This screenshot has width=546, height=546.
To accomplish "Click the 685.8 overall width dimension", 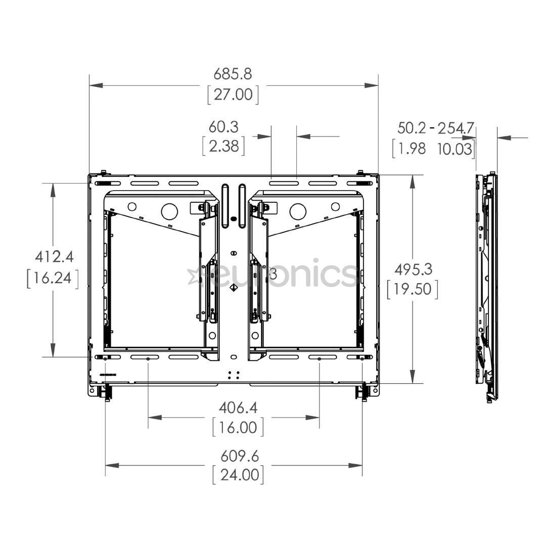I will coord(233,74).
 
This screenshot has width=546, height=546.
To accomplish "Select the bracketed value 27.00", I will coord(233,95).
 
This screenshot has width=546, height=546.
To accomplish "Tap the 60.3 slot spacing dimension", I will coord(223,126).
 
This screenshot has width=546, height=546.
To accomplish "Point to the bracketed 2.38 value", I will coord(223,146).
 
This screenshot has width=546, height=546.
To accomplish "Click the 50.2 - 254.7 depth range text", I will coord(435,128).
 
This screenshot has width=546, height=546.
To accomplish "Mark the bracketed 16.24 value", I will coord(53,278).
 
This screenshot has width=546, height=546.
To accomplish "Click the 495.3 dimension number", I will coord(413,268).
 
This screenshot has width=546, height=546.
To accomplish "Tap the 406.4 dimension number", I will coord(238,407).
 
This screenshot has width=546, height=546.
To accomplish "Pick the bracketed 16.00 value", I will coord(238,428).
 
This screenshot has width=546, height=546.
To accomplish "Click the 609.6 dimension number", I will coord(239,456).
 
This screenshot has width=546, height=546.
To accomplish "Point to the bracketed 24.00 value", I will coord(238,475).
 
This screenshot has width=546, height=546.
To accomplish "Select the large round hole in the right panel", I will coord(298,209).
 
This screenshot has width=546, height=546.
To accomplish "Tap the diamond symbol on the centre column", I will coord(233,288).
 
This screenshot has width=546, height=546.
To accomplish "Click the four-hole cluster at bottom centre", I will coord(233,375).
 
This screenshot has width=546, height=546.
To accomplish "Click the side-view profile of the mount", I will coord(486,286).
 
